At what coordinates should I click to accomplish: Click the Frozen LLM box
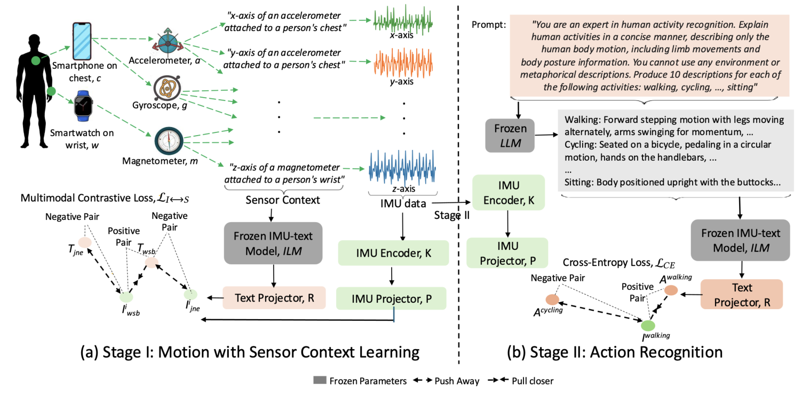[x=511, y=135]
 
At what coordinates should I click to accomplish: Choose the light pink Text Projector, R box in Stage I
[x=274, y=298]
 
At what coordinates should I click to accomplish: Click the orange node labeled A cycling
[x=552, y=299]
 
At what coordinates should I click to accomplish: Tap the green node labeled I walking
[x=647, y=324]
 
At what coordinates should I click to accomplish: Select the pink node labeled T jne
[x=85, y=242]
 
